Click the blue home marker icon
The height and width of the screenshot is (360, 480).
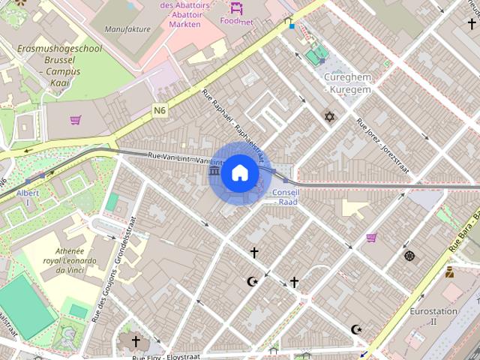point(239,172)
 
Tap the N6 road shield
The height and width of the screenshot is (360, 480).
point(159,110)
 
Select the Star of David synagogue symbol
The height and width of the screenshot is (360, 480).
point(328,116)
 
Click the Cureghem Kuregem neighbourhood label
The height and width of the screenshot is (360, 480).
point(346,83)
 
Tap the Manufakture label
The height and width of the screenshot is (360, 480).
point(127,29)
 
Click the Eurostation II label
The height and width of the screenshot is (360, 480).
point(433,316)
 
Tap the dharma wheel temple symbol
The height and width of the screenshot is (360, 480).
point(409,256)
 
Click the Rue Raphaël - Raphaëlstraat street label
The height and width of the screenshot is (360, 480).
point(233,124)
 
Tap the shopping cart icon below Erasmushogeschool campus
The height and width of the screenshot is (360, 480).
point(75,119)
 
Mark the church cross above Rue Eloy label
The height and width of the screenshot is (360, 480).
point(136,342)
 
